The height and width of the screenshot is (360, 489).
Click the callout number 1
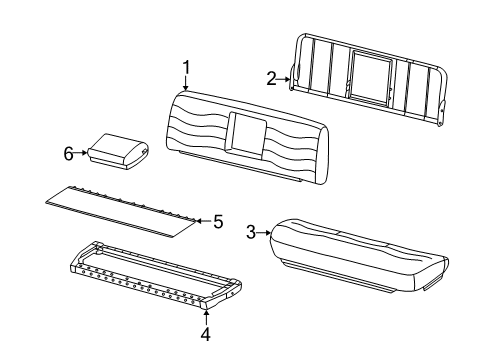(186, 68)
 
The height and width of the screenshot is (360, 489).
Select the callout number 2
(271, 79)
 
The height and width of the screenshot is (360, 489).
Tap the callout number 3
(251, 232)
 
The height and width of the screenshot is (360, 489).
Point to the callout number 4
(206, 334)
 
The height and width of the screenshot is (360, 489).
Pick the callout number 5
(218, 222)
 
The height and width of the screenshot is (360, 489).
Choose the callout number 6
(69, 154)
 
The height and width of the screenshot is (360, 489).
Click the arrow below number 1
(186, 83)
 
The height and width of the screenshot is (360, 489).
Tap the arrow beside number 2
(284, 79)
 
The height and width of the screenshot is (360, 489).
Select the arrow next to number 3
(264, 233)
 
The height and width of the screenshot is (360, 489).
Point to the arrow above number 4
(206, 317)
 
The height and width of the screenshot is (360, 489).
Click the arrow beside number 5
(204, 221)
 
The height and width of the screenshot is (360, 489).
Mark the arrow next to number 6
(81, 153)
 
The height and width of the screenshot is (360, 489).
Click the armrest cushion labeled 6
(118, 151)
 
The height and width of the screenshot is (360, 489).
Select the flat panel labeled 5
(120, 212)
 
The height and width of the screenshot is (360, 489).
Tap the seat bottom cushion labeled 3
(359, 255)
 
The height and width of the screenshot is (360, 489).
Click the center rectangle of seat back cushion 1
(246, 134)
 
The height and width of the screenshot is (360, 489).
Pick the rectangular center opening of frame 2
(371, 77)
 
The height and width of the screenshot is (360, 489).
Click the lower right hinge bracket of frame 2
(442, 112)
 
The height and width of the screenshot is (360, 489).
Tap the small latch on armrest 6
(144, 152)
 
